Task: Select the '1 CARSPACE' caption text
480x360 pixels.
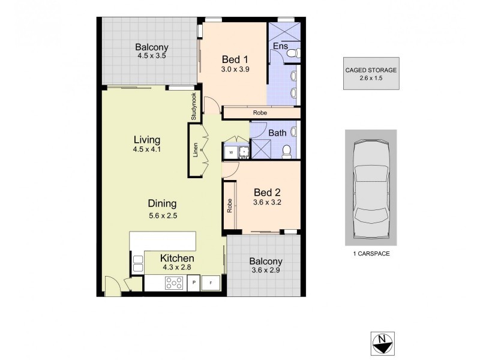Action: click(370, 254)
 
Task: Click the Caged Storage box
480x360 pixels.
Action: click(370, 73)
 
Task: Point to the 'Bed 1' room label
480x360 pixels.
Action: click(235, 59)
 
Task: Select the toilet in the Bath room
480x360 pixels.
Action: click(287, 150)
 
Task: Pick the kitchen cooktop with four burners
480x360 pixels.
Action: click(175, 284)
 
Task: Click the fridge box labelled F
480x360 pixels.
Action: click(211, 283)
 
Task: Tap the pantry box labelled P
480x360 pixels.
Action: click(194, 283)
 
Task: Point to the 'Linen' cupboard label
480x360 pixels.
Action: click(196, 150)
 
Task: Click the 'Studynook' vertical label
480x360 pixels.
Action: click(194, 107)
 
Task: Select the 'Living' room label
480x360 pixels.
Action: click(146, 140)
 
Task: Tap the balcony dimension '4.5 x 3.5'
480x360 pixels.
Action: click(151, 56)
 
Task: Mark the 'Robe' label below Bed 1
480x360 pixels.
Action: click(260, 113)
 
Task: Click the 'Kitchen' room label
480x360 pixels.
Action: click(177, 259)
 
